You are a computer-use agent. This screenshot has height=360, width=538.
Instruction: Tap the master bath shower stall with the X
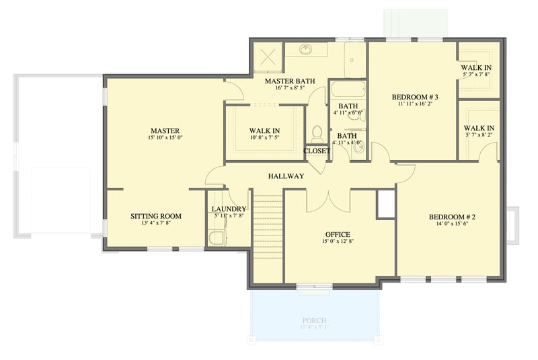pyautogui.click(x=266, y=57)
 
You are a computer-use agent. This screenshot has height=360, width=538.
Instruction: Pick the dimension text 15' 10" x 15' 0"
pyautogui.click(x=165, y=138)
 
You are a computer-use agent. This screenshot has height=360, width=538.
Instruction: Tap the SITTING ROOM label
pyautogui.click(x=156, y=216)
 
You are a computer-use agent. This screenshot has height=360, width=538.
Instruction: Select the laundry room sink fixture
pyautogui.click(x=216, y=238)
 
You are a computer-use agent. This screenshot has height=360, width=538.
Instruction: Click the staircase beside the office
pyautogui.click(x=268, y=236)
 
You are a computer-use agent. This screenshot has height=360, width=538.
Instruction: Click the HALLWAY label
pyautogui.click(x=286, y=176)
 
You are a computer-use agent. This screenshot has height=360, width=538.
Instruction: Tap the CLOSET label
pyautogui.click(x=317, y=151)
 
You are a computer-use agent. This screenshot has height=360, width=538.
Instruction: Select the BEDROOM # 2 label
pyautogui.click(x=452, y=217)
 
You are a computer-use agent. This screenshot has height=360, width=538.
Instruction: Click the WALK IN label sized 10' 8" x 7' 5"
pyautogui.click(x=264, y=130)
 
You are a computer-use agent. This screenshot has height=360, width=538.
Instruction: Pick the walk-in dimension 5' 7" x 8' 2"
pyautogui.click(x=479, y=135)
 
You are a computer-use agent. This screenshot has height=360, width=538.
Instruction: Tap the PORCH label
pyautogui.click(x=314, y=320)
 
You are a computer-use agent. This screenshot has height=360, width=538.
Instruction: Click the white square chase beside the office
pyautogui.click(x=385, y=204)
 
